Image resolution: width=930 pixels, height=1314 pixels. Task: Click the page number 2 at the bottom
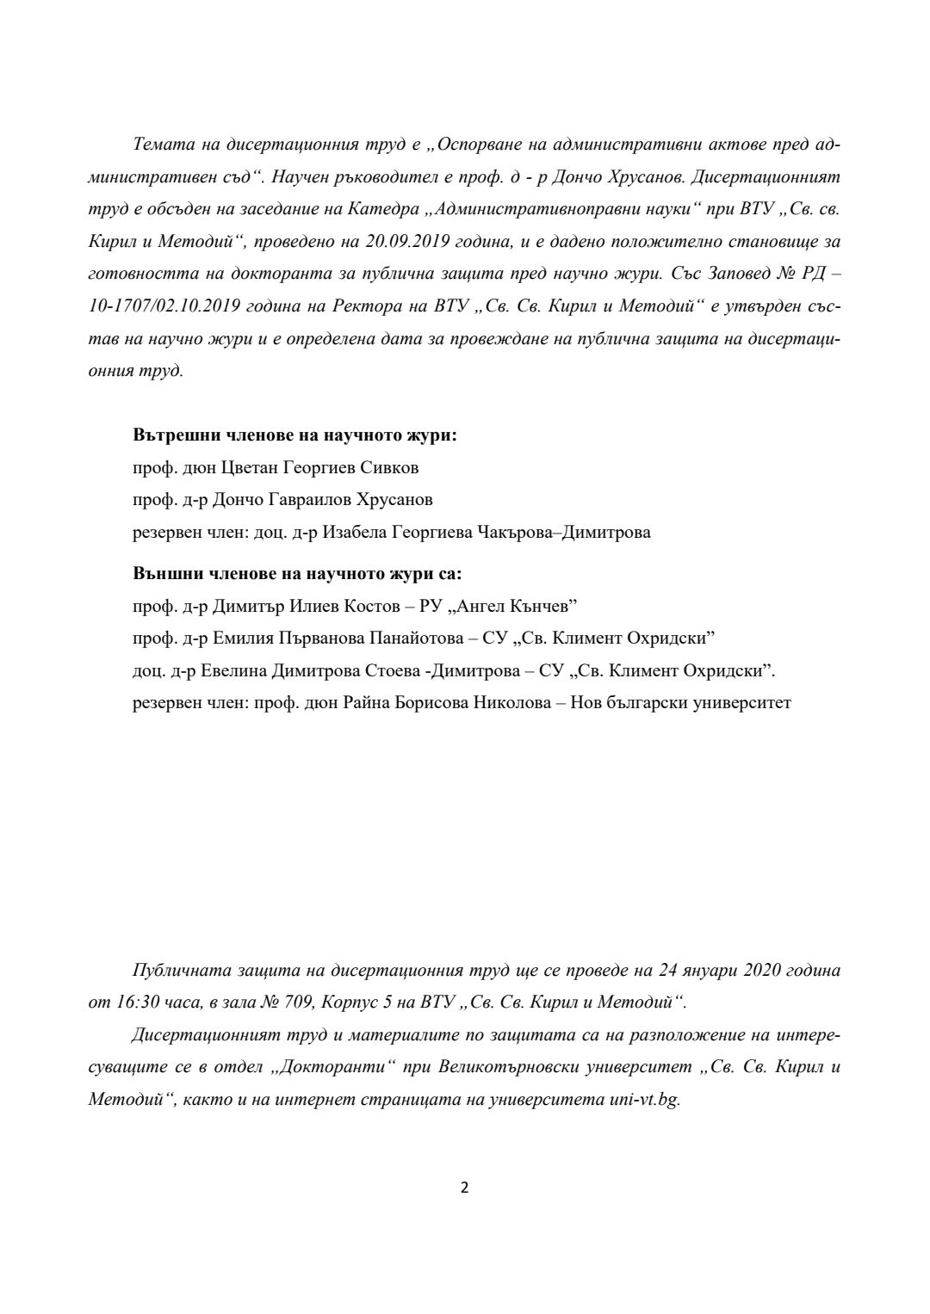465,1188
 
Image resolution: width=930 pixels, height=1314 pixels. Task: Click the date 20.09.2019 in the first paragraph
408,241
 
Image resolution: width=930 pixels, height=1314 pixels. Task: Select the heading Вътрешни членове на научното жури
294,435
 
